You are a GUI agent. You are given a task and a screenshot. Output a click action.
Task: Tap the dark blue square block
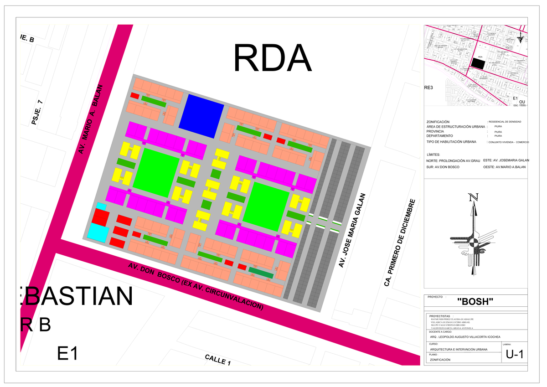point(201,115)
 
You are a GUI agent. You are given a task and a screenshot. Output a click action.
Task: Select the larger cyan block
point(99,232)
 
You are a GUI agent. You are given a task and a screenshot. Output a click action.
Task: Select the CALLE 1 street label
point(218,360)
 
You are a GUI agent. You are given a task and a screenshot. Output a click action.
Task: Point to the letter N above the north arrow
point(474,198)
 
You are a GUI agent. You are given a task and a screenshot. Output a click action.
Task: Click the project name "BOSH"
point(475,301)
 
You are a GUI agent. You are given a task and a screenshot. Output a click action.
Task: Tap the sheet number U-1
point(516,355)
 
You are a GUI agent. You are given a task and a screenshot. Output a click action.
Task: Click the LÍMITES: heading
point(433,155)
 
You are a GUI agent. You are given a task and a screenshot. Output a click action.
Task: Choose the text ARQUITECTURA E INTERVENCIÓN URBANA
point(459,349)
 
